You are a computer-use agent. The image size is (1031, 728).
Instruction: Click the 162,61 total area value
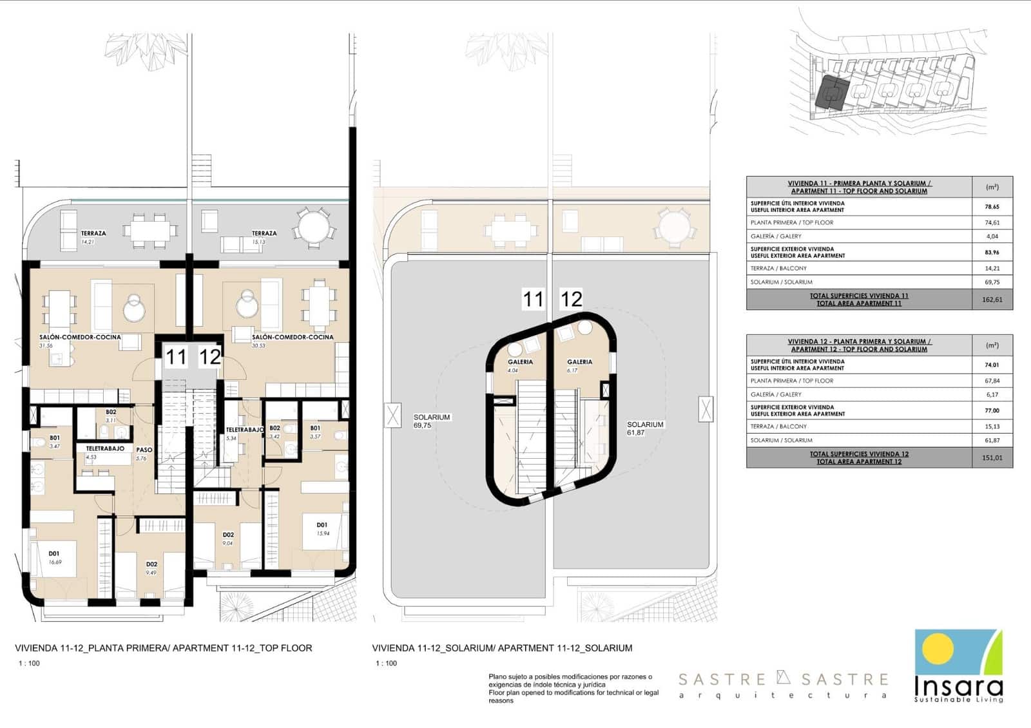[992, 300]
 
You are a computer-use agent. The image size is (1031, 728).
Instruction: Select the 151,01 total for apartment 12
[992, 458]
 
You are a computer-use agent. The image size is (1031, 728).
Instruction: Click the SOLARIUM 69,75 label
[431, 421]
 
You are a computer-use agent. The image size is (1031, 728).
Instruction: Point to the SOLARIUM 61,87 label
[644, 428]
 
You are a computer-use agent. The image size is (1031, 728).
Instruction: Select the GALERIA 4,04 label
[520, 365]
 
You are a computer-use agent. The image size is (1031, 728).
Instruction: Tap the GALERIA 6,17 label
[579, 365]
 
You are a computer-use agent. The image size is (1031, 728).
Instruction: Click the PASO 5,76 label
[144, 454]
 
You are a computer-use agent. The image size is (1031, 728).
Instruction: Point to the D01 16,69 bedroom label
[55, 557]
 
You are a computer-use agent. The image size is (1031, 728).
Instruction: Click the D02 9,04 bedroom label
[228, 539]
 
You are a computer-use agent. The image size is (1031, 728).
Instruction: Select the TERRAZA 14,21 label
[93, 237]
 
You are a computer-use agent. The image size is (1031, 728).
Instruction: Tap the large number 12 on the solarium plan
[572, 299]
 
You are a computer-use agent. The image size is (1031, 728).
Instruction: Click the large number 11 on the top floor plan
[176, 357]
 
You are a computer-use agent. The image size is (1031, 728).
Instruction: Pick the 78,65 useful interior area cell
[992, 207]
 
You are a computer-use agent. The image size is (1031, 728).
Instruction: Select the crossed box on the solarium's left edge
[392, 414]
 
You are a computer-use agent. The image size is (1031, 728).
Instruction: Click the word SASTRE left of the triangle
[722, 679]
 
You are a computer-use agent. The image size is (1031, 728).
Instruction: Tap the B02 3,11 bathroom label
[111, 416]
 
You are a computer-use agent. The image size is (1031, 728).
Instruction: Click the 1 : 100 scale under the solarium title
[386, 664]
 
